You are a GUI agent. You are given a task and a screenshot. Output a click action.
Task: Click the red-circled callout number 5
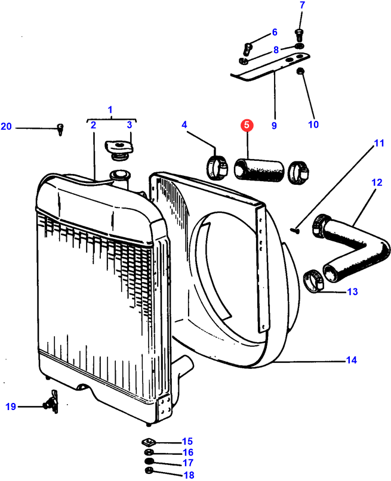[x=247, y=125]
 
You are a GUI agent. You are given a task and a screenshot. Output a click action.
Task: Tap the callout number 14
[x=351, y=360]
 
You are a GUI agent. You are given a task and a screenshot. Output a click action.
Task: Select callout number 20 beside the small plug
[x=6, y=126]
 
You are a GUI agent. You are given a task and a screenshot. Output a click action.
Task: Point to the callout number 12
[x=376, y=183]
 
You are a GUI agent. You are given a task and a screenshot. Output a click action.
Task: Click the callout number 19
[x=10, y=407]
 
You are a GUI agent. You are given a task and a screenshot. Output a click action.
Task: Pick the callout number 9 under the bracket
[x=274, y=126]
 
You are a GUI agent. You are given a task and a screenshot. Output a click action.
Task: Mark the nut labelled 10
[x=301, y=73]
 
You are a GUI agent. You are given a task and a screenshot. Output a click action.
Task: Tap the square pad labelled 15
[x=149, y=442]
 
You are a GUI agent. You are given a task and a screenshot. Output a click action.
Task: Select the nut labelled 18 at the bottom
[x=149, y=473]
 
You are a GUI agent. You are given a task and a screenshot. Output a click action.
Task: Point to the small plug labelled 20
[x=60, y=128]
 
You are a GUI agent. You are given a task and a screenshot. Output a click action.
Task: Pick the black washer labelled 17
[x=149, y=463]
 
